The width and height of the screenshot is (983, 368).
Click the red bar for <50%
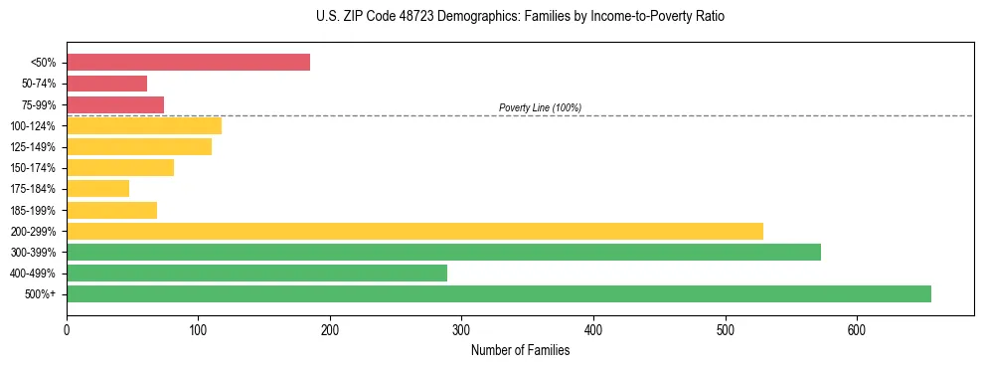[188, 62]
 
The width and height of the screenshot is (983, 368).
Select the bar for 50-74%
[106, 84]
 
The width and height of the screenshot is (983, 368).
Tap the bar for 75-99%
[115, 104]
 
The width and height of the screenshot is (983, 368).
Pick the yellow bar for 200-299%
[414, 231]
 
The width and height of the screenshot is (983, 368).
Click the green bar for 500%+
[498, 293]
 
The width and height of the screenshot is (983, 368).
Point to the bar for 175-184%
[97, 188]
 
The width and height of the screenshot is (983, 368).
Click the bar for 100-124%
[144, 125]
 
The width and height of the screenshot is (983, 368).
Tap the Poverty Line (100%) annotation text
[540, 107]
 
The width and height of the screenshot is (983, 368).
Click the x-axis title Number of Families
[520, 350]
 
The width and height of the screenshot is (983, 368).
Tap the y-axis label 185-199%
[33, 210]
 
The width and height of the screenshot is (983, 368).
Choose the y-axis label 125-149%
[33, 147]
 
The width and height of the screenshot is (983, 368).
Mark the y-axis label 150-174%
[33, 168]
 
